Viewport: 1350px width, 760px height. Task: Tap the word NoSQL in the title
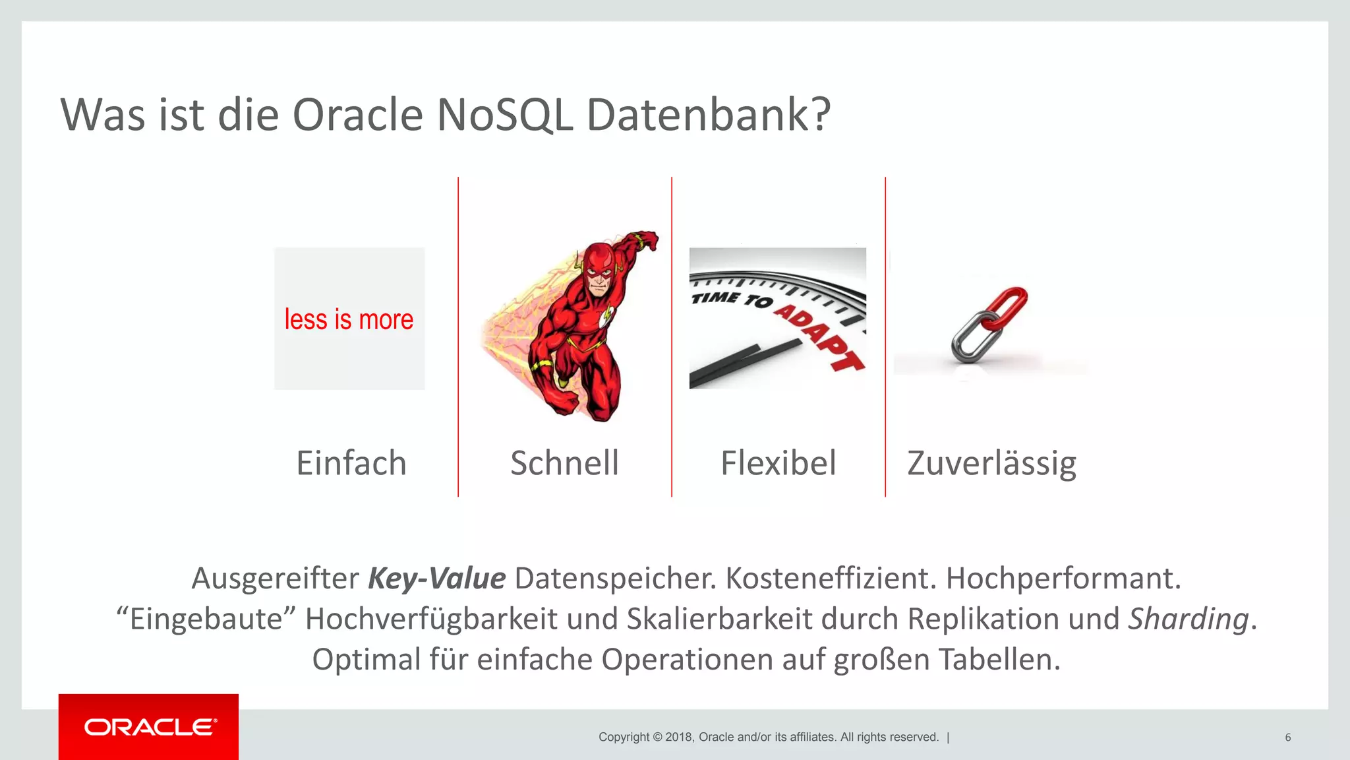(x=504, y=115)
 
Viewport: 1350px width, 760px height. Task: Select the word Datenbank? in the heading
(x=708, y=115)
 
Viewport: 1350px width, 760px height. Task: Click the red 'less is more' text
(x=349, y=319)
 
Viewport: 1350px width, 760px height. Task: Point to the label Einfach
(x=351, y=462)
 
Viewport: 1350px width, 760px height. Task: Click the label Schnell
(x=564, y=462)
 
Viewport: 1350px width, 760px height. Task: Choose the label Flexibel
(x=778, y=462)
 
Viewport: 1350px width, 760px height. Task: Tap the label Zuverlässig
(x=991, y=464)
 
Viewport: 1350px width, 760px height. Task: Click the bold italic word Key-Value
(x=436, y=579)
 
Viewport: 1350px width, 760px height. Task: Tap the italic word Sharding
(x=1189, y=619)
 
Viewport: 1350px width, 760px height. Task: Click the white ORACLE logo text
(x=150, y=727)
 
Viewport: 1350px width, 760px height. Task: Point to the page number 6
(x=1287, y=737)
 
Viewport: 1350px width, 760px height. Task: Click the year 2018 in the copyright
(x=679, y=737)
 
